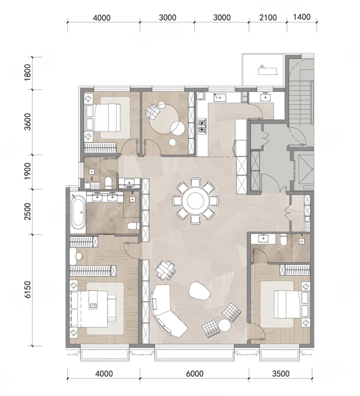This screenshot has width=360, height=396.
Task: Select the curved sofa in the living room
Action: pyautogui.click(x=167, y=310)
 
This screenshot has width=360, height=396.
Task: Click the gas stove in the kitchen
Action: pyautogui.click(x=202, y=126)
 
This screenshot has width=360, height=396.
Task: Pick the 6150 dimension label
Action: pyautogui.click(x=28, y=290)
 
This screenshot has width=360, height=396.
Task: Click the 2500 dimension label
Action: pyautogui.click(x=28, y=212)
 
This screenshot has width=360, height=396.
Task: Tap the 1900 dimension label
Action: pyautogui.click(x=28, y=172)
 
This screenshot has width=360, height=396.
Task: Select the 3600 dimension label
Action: pyautogui.click(x=28, y=122)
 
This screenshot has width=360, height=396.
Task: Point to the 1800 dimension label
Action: pyautogui.click(x=28, y=73)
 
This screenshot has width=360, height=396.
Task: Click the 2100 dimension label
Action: pyautogui.click(x=268, y=18)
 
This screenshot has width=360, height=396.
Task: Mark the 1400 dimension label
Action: pyautogui.click(x=302, y=17)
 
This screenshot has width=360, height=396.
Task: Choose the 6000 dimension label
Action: pyautogui.click(x=195, y=373)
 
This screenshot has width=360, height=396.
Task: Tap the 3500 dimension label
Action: pyautogui.click(x=281, y=373)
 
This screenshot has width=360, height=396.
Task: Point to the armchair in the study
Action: pyautogui.click(x=152, y=111)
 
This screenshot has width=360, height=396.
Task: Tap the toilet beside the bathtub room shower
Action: pyautogui.click(x=133, y=226)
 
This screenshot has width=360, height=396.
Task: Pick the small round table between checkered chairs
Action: pyautogui.click(x=225, y=325)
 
